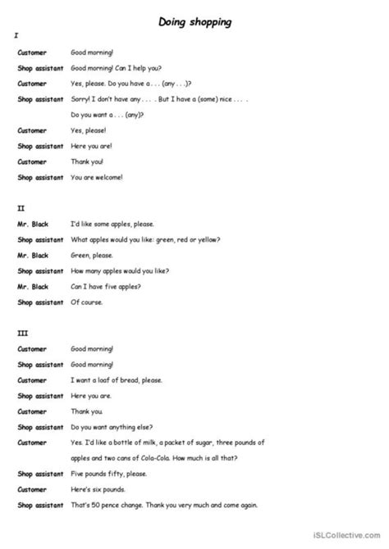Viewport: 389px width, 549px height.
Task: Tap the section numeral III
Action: click(20, 333)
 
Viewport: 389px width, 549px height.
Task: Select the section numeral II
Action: click(19, 208)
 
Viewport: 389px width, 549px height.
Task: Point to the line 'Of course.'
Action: click(89, 302)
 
